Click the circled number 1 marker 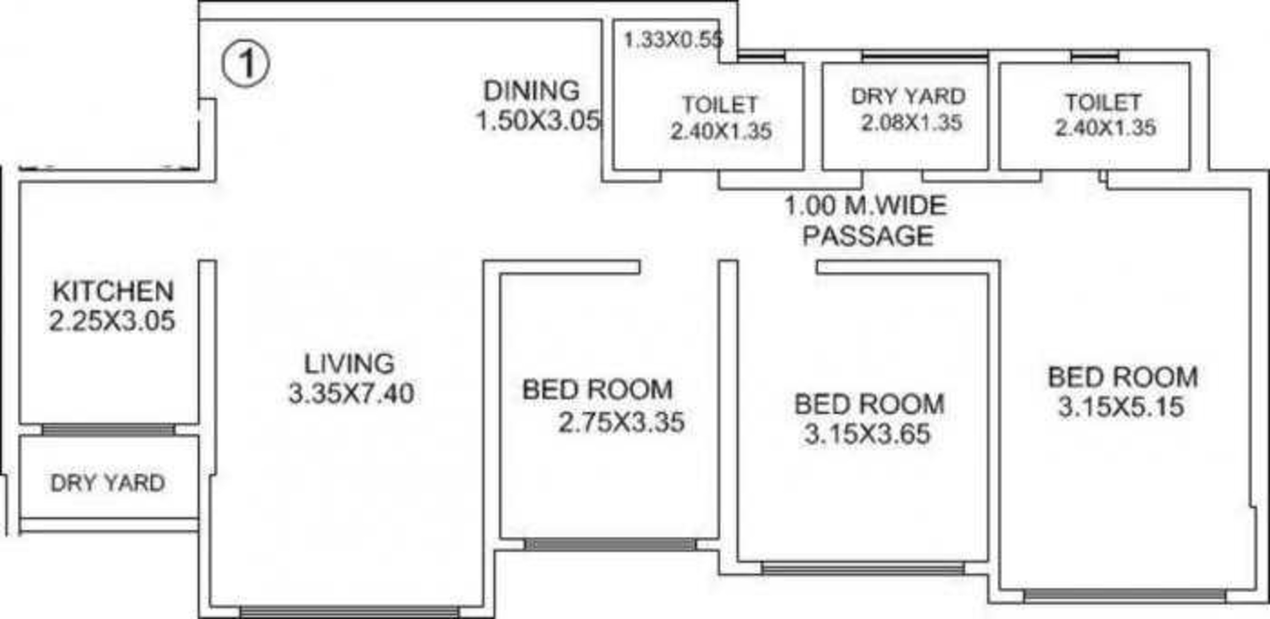point(246,64)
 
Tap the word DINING point(531,91)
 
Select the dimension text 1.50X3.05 point(538,121)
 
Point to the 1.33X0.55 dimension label point(674,39)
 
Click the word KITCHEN point(113,291)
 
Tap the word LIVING point(349,364)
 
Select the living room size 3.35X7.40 point(351,394)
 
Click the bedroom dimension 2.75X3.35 point(621,422)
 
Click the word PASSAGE point(868,235)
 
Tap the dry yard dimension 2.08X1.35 point(911,122)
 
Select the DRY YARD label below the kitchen point(108,483)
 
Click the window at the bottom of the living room point(350,612)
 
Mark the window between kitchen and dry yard point(108,430)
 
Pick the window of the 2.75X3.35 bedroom point(610,544)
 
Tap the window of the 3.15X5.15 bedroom point(1124,595)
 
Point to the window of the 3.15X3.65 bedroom point(863,568)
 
